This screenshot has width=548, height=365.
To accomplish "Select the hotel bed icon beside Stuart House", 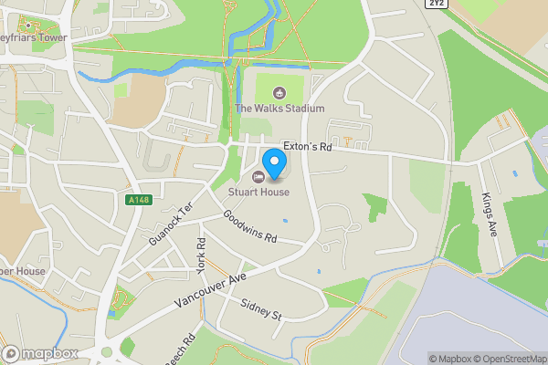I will [258, 177].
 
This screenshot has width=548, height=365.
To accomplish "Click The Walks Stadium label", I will [279, 109].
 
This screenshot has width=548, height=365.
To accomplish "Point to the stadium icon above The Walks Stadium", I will [279, 92].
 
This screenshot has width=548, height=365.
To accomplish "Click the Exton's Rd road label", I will [308, 146].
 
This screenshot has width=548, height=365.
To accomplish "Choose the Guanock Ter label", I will [171, 223].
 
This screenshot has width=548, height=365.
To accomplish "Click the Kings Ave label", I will [489, 215].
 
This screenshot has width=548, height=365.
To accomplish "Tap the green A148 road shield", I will [136, 199].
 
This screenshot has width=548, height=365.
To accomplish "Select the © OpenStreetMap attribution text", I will [511, 359].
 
